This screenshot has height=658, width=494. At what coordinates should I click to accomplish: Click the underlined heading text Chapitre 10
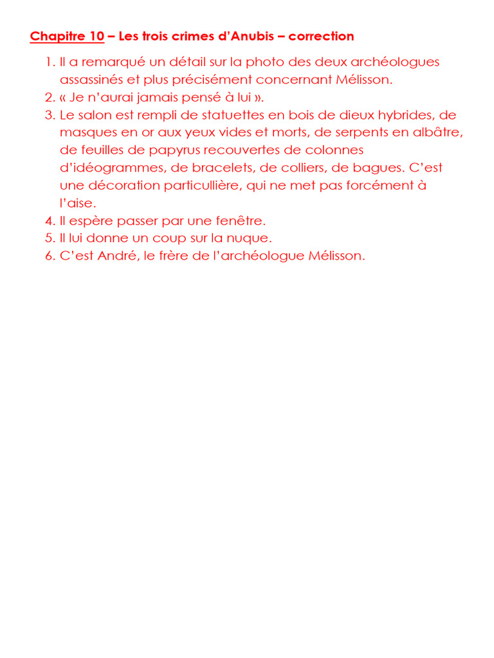(67, 37)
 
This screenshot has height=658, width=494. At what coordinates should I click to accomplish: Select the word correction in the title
(321, 37)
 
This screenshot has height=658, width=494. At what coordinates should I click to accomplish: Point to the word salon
(93, 116)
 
